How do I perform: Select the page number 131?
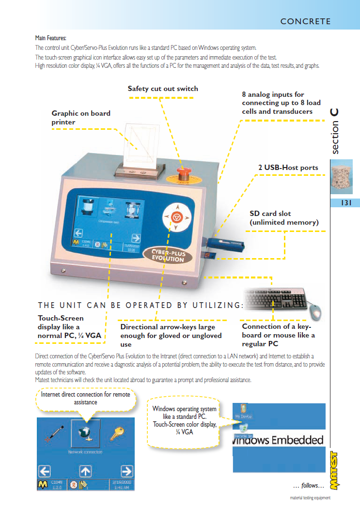345,203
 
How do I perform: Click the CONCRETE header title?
305,21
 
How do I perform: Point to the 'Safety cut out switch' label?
163,89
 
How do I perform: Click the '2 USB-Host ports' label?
288,168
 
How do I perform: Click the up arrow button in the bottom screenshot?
86,470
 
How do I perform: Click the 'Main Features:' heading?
51,38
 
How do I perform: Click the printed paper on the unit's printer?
142,142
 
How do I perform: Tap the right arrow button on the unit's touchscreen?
137,238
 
